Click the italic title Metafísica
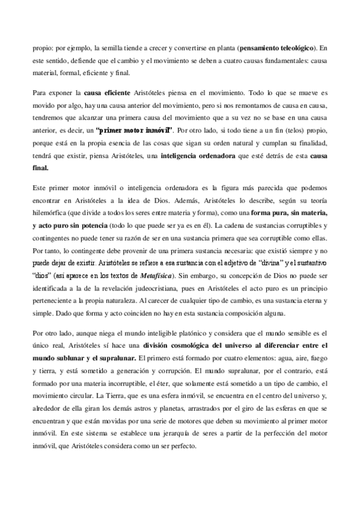[x=156, y=275]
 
